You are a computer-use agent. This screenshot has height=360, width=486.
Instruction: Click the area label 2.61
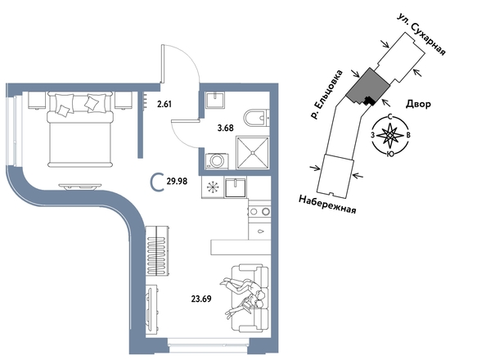click(x=164, y=104)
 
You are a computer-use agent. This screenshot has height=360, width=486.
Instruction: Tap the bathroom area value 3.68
click(x=225, y=128)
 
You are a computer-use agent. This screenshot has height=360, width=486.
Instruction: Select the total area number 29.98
click(x=177, y=181)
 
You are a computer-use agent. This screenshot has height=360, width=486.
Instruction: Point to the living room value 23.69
click(x=201, y=299)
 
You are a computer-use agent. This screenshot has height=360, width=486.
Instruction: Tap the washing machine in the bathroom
click(x=217, y=160)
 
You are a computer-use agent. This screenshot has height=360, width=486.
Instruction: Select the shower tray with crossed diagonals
click(x=253, y=152)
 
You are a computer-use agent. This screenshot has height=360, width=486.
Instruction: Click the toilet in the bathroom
click(x=256, y=118)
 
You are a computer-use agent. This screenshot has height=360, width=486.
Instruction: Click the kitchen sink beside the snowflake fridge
click(x=236, y=187)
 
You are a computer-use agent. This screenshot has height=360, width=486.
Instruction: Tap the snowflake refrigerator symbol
click(x=212, y=187)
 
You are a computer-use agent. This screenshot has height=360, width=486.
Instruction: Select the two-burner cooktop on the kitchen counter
click(x=259, y=212)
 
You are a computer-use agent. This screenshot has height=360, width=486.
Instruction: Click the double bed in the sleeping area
click(x=79, y=129)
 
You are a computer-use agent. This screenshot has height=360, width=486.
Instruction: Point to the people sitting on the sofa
click(x=243, y=297)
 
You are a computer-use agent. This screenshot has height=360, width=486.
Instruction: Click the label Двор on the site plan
click(x=418, y=104)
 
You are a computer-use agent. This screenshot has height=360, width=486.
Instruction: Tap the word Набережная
click(x=327, y=204)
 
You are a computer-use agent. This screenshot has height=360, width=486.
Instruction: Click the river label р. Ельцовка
click(x=327, y=95)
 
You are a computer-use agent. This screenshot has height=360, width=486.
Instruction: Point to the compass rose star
click(x=390, y=135)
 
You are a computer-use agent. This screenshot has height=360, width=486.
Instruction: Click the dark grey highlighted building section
click(x=367, y=87)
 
